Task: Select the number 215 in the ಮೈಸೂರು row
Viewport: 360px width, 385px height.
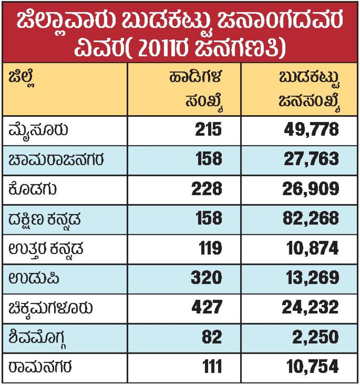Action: coord(208,130)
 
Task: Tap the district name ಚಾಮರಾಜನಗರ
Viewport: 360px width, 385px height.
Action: coord(56,159)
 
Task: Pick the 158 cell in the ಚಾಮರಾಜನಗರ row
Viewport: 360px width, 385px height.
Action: coord(208,159)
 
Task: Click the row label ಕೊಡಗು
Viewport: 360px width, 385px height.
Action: coord(33,189)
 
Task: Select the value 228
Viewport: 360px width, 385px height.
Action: coord(207,189)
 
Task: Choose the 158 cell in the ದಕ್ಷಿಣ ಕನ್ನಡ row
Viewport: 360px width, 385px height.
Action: coord(208,218)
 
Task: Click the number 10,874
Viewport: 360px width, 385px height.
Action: coord(313,248)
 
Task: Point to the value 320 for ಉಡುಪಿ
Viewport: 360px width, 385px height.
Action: coord(206,278)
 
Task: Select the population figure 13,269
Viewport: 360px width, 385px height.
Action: coord(312,278)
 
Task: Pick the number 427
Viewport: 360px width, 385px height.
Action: coord(207,307)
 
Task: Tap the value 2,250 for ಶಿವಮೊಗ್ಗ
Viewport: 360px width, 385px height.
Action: coord(315,337)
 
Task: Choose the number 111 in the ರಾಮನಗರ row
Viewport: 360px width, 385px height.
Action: coord(212,366)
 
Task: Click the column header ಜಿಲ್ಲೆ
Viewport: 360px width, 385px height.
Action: coord(22,79)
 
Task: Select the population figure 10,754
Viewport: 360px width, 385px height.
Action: coord(313,366)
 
